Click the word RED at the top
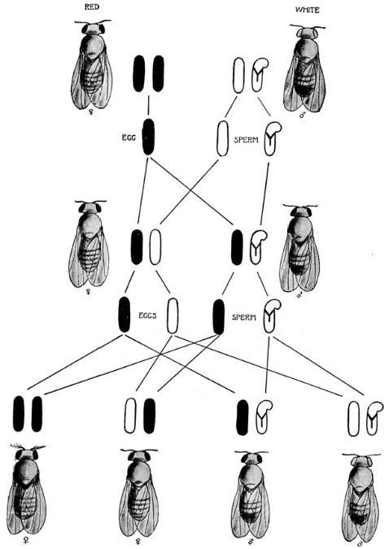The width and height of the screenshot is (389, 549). [x=92, y=7]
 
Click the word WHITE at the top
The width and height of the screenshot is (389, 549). [x=308, y=10]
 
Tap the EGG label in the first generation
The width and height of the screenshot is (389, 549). [x=129, y=137]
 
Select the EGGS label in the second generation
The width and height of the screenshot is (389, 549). [x=147, y=316]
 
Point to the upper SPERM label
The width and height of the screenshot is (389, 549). [x=246, y=140]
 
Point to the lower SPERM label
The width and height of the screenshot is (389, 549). [x=244, y=317]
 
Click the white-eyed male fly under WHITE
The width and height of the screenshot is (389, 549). [x=304, y=68]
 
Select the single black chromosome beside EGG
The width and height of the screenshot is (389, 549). [x=148, y=137]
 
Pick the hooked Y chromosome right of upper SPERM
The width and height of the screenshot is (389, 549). [x=272, y=139]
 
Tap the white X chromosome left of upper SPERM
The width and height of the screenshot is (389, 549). [x=223, y=138]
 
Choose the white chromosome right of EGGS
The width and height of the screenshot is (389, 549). [x=172, y=316]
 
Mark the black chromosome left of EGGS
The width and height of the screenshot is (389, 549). [x=124, y=314]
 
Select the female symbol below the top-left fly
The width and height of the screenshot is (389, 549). [x=92, y=112]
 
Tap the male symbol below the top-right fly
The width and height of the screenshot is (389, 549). [x=302, y=115]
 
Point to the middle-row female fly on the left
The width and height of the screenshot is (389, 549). [x=89, y=244]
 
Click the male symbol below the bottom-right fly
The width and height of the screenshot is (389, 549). [x=359, y=544]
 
